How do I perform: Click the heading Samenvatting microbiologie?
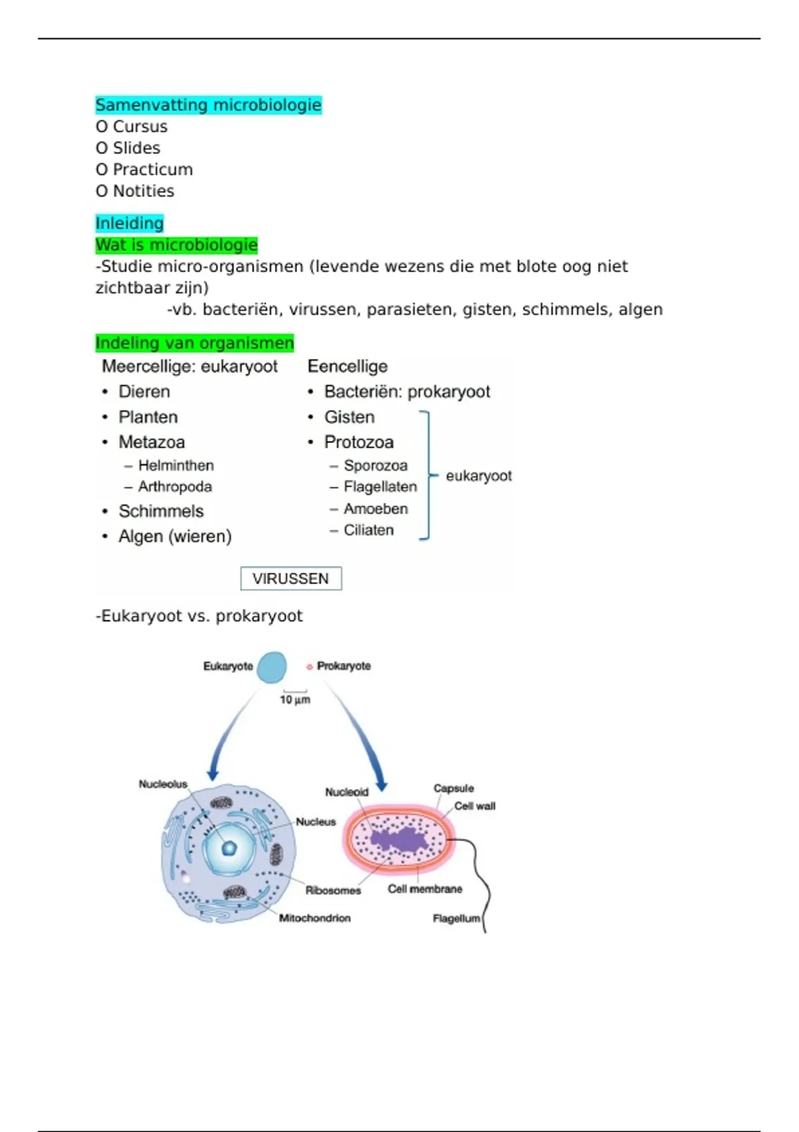[208, 105]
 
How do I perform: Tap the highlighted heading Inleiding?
[129, 223]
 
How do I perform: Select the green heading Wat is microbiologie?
[176, 245]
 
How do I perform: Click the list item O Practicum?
[144, 170]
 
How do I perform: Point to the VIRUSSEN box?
[291, 579]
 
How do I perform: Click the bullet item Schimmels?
[160, 511]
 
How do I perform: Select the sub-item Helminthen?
[176, 465]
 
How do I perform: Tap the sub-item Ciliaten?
[368, 530]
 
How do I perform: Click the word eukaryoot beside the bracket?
[479, 476]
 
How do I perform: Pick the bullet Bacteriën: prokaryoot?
[407, 392]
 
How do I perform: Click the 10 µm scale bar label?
[295, 700]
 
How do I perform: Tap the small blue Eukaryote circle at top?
[272, 667]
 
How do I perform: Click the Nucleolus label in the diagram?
[163, 784]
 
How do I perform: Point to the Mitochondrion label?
[314, 918]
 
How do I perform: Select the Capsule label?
[453, 788]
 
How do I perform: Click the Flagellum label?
[456, 919]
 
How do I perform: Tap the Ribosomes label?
[333, 890]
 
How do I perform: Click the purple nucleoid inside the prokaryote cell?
[400, 840]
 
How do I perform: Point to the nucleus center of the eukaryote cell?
[229, 848]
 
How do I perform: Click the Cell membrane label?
[425, 889]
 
